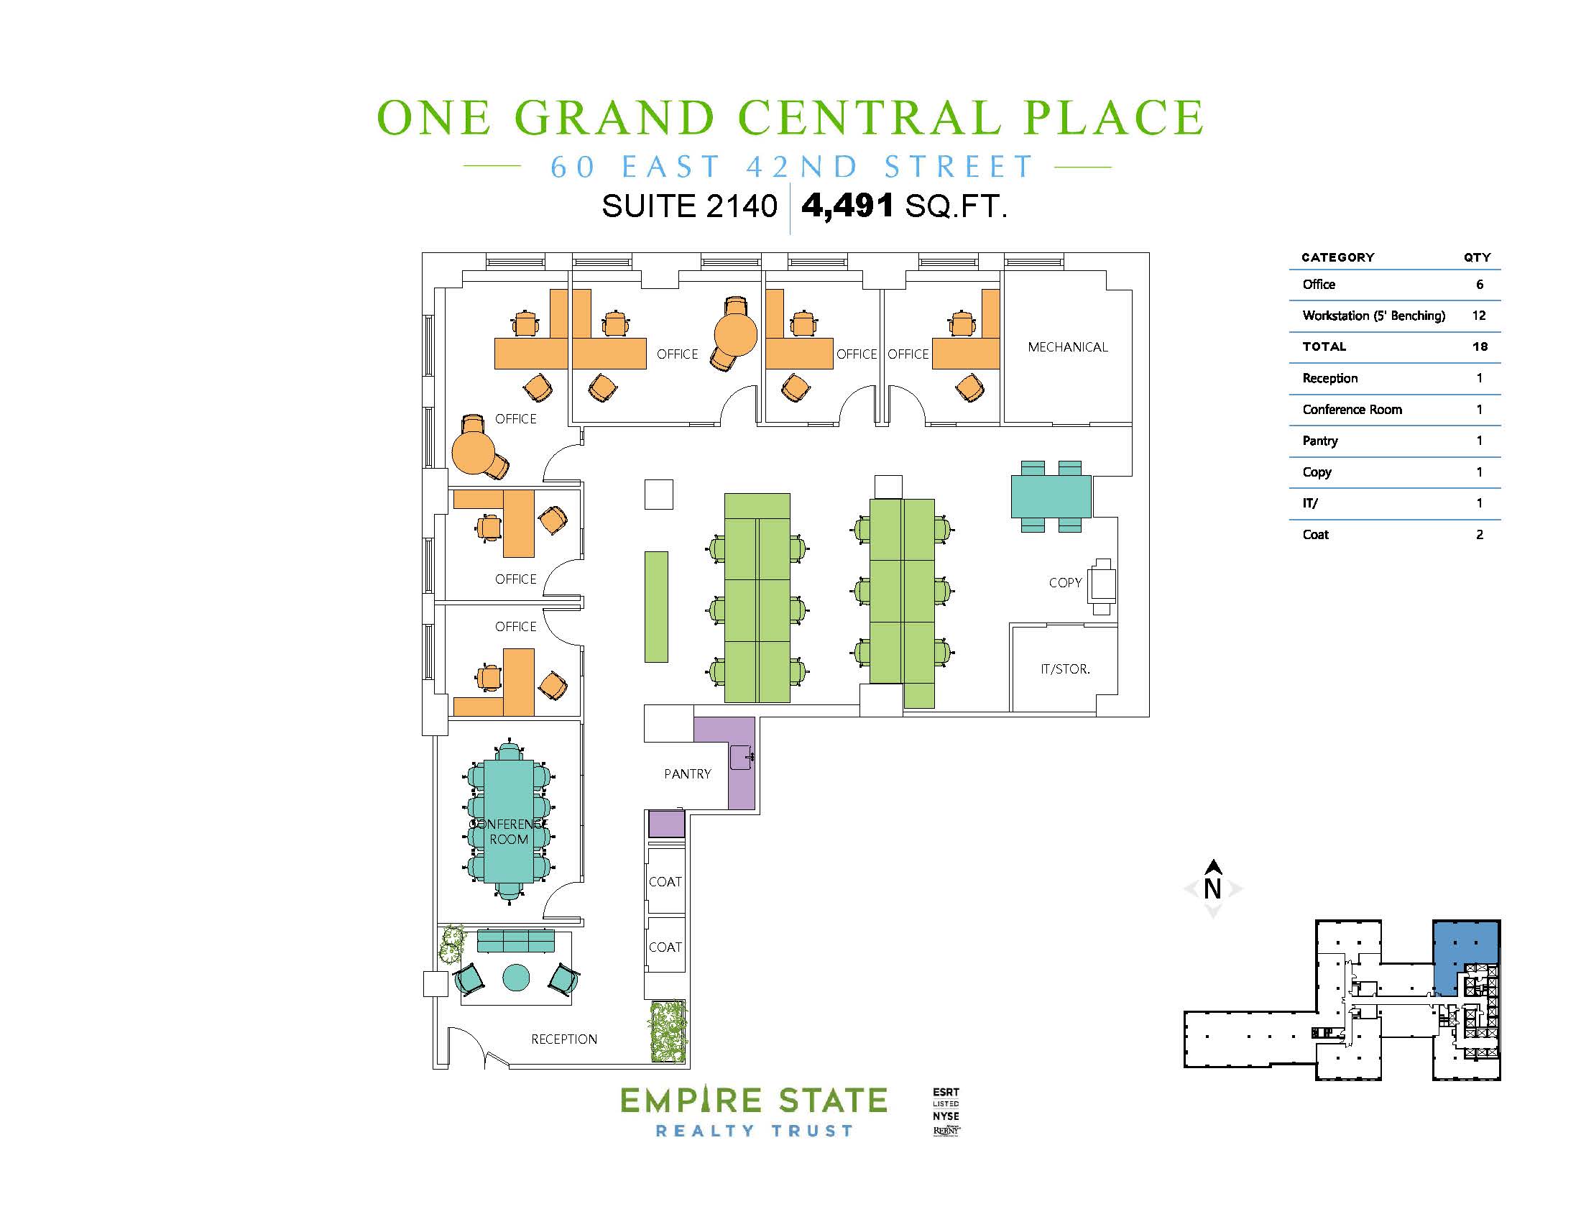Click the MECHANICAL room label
tap(1068, 347)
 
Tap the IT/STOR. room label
tap(1065, 670)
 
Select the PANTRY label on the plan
tap(688, 774)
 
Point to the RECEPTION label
tap(564, 1039)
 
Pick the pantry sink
tap(742, 757)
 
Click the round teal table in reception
tap(515, 978)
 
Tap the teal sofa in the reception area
tap(515, 941)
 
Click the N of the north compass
tap(1212, 888)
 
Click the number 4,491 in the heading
tap(847, 206)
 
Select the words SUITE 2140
tap(689, 207)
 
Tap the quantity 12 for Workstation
tap(1479, 316)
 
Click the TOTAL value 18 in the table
tap(1480, 346)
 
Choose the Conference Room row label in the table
tap(1352, 410)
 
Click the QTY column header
tap(1477, 258)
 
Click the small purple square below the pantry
tap(666, 824)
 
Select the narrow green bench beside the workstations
tap(657, 607)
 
